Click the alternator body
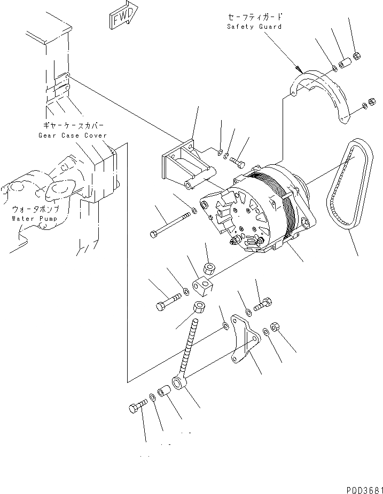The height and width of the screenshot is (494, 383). (x=256, y=208)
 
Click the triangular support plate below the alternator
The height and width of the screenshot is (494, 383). (x=244, y=341)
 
